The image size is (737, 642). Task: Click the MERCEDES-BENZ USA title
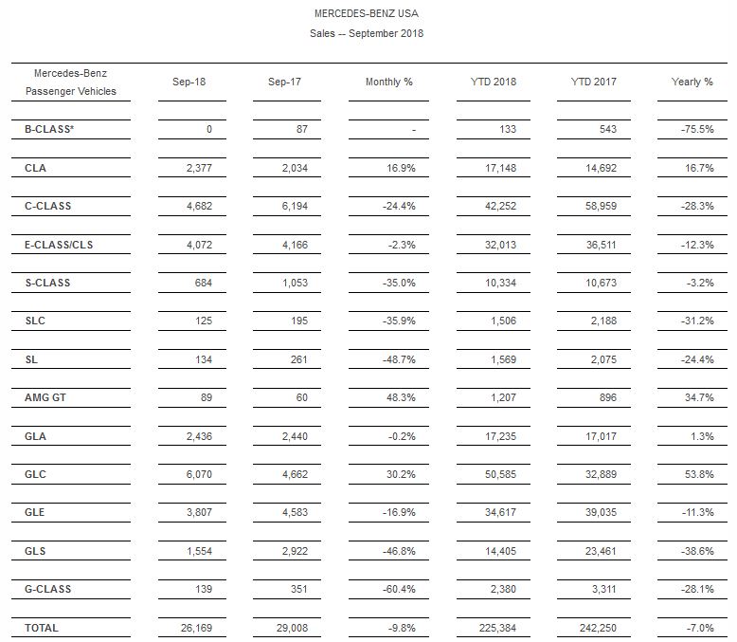(366, 14)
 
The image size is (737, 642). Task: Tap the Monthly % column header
(388, 82)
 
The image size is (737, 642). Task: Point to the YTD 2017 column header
(593, 82)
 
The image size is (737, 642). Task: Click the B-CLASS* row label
(49, 129)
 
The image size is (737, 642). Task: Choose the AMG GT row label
(45, 397)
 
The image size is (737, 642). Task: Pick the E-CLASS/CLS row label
(60, 245)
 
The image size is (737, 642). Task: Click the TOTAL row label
(42, 628)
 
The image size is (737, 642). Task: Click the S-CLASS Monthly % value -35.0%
(396, 283)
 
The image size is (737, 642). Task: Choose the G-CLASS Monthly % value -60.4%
(396, 589)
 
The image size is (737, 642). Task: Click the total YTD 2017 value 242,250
(595, 628)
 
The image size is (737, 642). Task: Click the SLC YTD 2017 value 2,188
(602, 321)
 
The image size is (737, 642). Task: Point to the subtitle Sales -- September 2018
(366, 33)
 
